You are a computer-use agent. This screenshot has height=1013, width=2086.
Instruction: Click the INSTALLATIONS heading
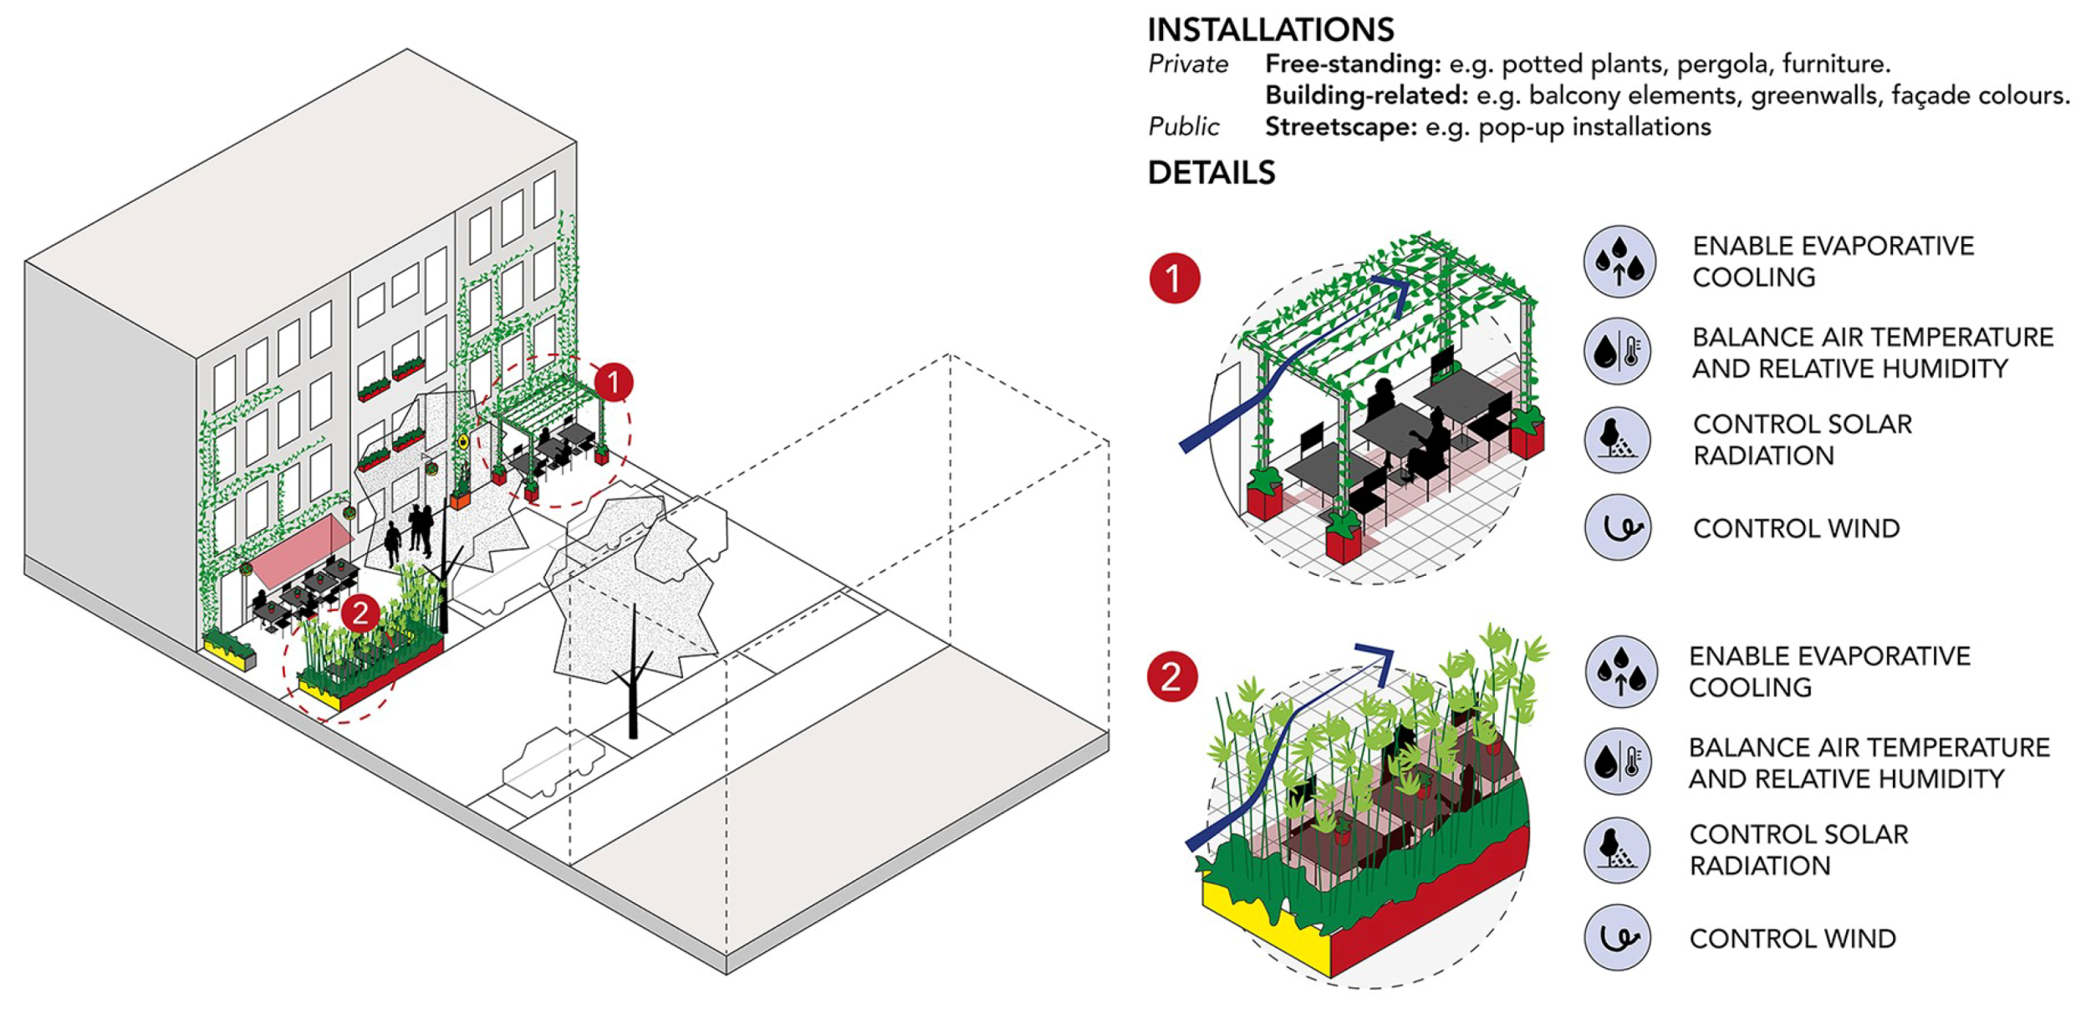[x=1269, y=30]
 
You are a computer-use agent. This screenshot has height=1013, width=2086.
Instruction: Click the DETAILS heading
[x=1211, y=173]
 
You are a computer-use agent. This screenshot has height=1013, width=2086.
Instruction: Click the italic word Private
[x=1187, y=64]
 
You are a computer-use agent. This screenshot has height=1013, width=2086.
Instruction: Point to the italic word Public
[x=1183, y=127]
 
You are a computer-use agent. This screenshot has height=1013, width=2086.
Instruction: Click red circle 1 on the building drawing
[x=613, y=383]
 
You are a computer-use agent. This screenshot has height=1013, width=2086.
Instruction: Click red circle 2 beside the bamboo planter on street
[x=360, y=613]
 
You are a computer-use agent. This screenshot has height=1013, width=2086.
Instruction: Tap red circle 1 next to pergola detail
[x=1174, y=278]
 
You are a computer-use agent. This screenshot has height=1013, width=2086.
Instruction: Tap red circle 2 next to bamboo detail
[x=1171, y=676]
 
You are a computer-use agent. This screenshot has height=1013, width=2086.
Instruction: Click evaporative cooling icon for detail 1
[x=1618, y=262]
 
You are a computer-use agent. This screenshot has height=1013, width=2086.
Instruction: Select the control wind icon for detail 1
[x=1618, y=527]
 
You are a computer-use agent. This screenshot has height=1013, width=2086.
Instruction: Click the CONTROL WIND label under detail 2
[x=1792, y=939]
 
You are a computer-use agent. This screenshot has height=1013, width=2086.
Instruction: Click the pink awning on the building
[x=301, y=550]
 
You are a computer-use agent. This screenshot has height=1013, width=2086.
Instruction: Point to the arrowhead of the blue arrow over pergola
[x=1398, y=288]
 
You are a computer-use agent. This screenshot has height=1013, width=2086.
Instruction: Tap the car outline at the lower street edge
[x=552, y=762]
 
